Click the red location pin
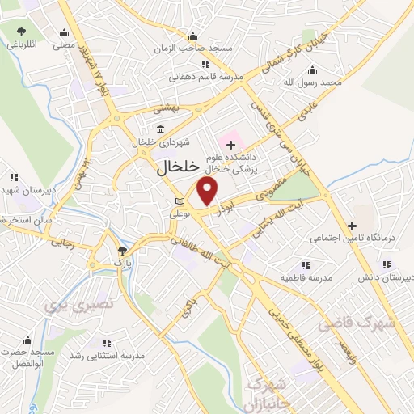209,191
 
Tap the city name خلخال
175,168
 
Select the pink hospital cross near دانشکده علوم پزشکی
230,144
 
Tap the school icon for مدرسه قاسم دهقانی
205,64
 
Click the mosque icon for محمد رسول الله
328,69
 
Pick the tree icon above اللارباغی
20,32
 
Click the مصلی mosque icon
65,33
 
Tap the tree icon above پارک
121,251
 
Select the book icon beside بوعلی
180,201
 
